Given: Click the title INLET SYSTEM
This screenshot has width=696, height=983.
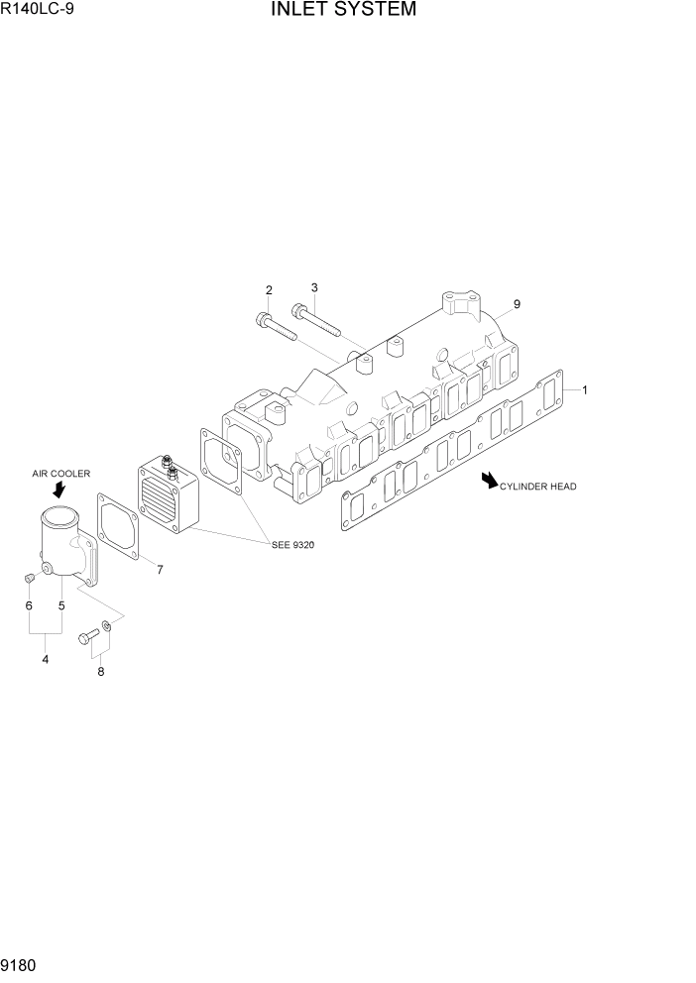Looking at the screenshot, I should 341,11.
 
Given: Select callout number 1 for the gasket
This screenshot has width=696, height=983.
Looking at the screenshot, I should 585,390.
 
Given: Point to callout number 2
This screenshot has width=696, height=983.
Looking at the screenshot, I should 269,290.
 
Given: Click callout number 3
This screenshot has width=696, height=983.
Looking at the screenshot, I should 313,288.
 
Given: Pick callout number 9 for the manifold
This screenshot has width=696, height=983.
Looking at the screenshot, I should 517,304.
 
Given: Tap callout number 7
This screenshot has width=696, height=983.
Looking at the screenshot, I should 161,569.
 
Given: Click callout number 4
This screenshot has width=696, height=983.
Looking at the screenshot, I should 46,659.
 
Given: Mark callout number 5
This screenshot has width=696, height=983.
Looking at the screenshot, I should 61,605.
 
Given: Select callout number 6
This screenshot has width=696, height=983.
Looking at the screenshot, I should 29,605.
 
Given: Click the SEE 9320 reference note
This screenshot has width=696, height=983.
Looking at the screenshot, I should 292,544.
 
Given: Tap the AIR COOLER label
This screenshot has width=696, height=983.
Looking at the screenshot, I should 60,474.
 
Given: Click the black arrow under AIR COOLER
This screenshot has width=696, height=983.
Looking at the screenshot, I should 58,489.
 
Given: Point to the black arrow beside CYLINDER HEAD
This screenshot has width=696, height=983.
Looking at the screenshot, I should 489,481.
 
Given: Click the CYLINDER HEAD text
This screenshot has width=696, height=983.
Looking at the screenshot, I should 537,487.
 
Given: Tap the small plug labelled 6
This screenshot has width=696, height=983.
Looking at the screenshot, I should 30,578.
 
